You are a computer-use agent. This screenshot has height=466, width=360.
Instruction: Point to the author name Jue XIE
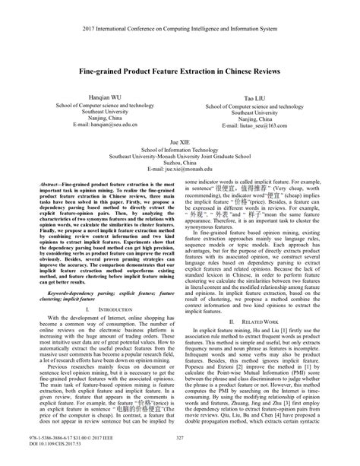(x=179, y=141)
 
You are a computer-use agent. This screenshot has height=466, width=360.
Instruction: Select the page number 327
(x=179, y=436)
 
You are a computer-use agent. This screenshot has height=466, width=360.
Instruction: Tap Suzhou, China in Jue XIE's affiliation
(x=179, y=161)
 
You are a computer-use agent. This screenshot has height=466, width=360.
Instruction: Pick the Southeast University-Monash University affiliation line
(x=179, y=155)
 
